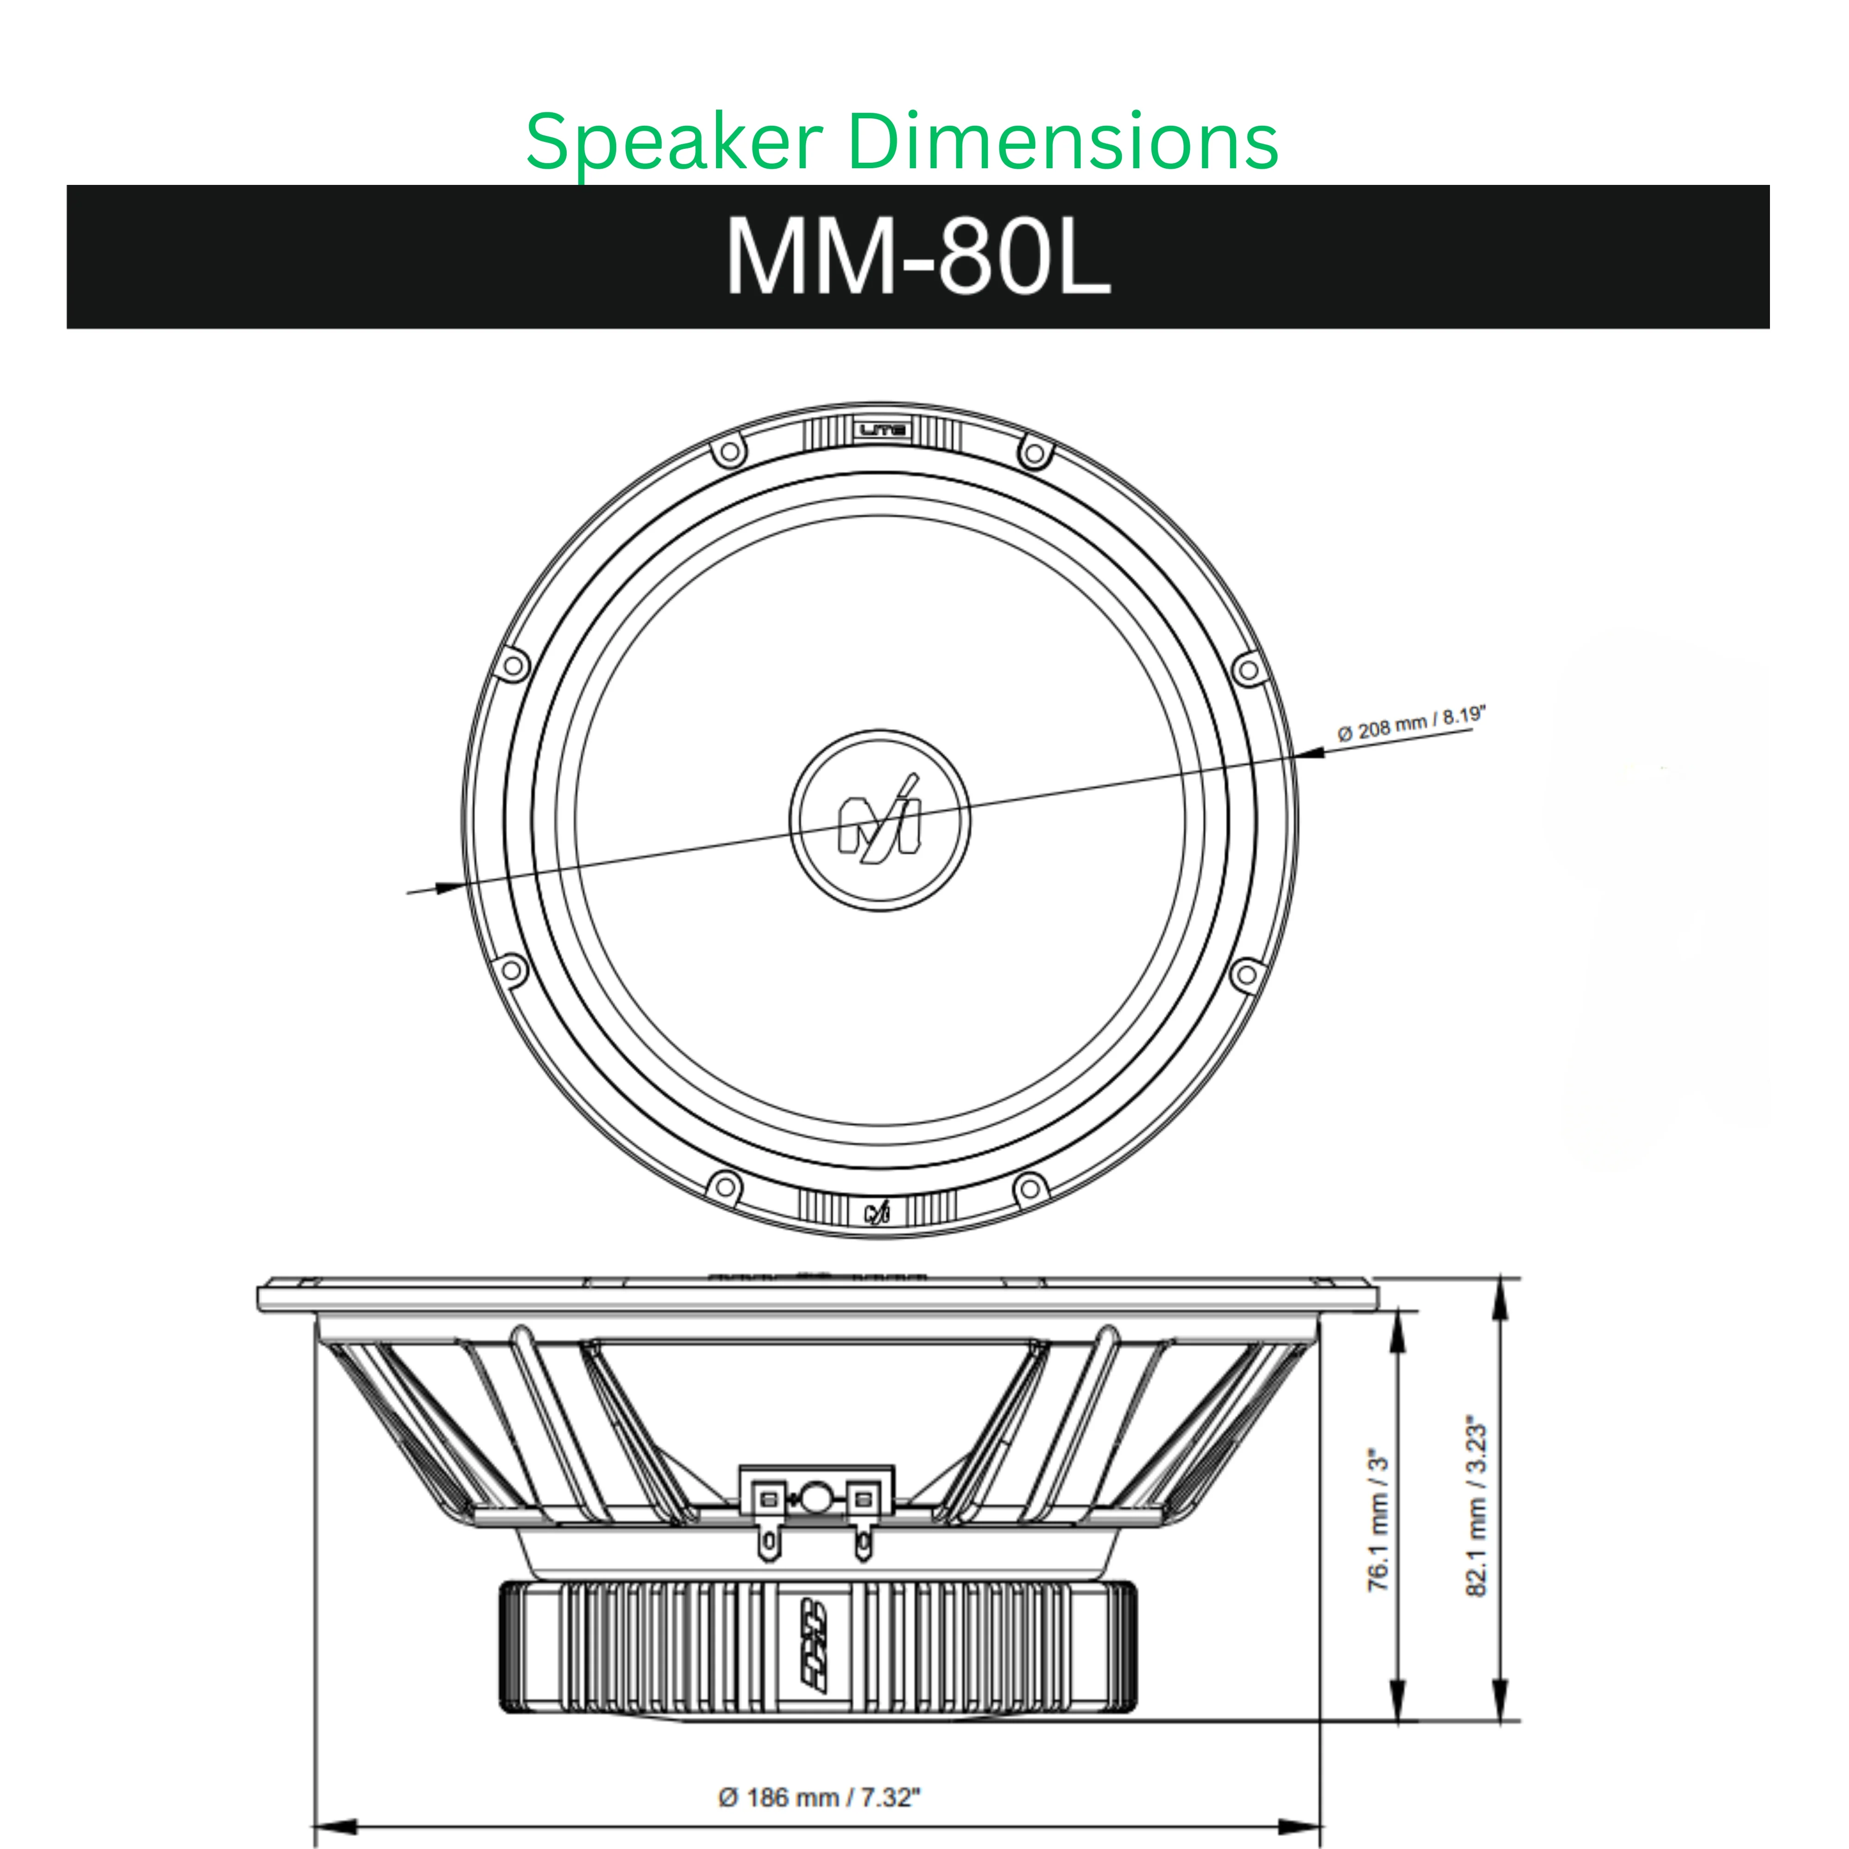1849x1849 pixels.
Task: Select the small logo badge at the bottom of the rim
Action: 878,1212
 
